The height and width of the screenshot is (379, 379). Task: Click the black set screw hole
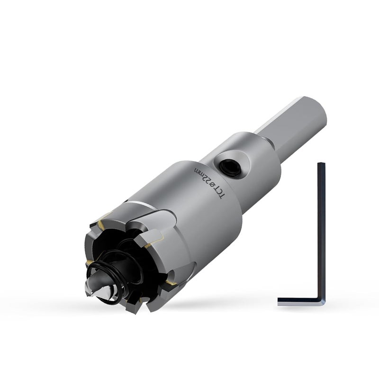(229, 167)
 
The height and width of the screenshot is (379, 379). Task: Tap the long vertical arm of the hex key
(321, 230)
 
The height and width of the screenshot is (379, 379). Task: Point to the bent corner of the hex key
(322, 302)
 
